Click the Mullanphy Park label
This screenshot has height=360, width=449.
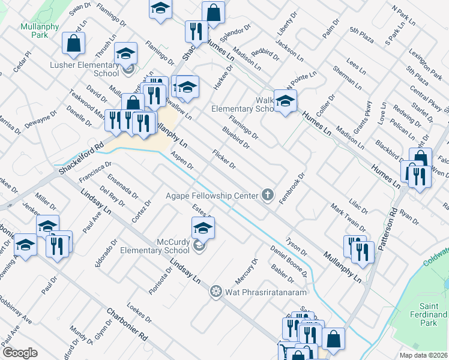(34, 31)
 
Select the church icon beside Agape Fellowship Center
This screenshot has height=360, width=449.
(268, 195)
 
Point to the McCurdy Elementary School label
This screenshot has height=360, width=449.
(155, 245)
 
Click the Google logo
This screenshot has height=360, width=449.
(20, 353)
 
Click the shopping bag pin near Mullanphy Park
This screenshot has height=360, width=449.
(73, 43)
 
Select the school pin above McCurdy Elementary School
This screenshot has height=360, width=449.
(203, 227)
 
